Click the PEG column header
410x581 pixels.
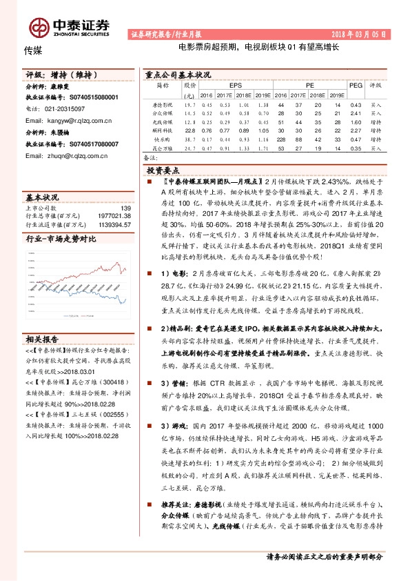(356, 86)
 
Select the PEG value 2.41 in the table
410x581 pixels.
(356, 112)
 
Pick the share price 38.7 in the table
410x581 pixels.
(190, 139)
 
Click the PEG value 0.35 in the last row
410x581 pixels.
(356, 148)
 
